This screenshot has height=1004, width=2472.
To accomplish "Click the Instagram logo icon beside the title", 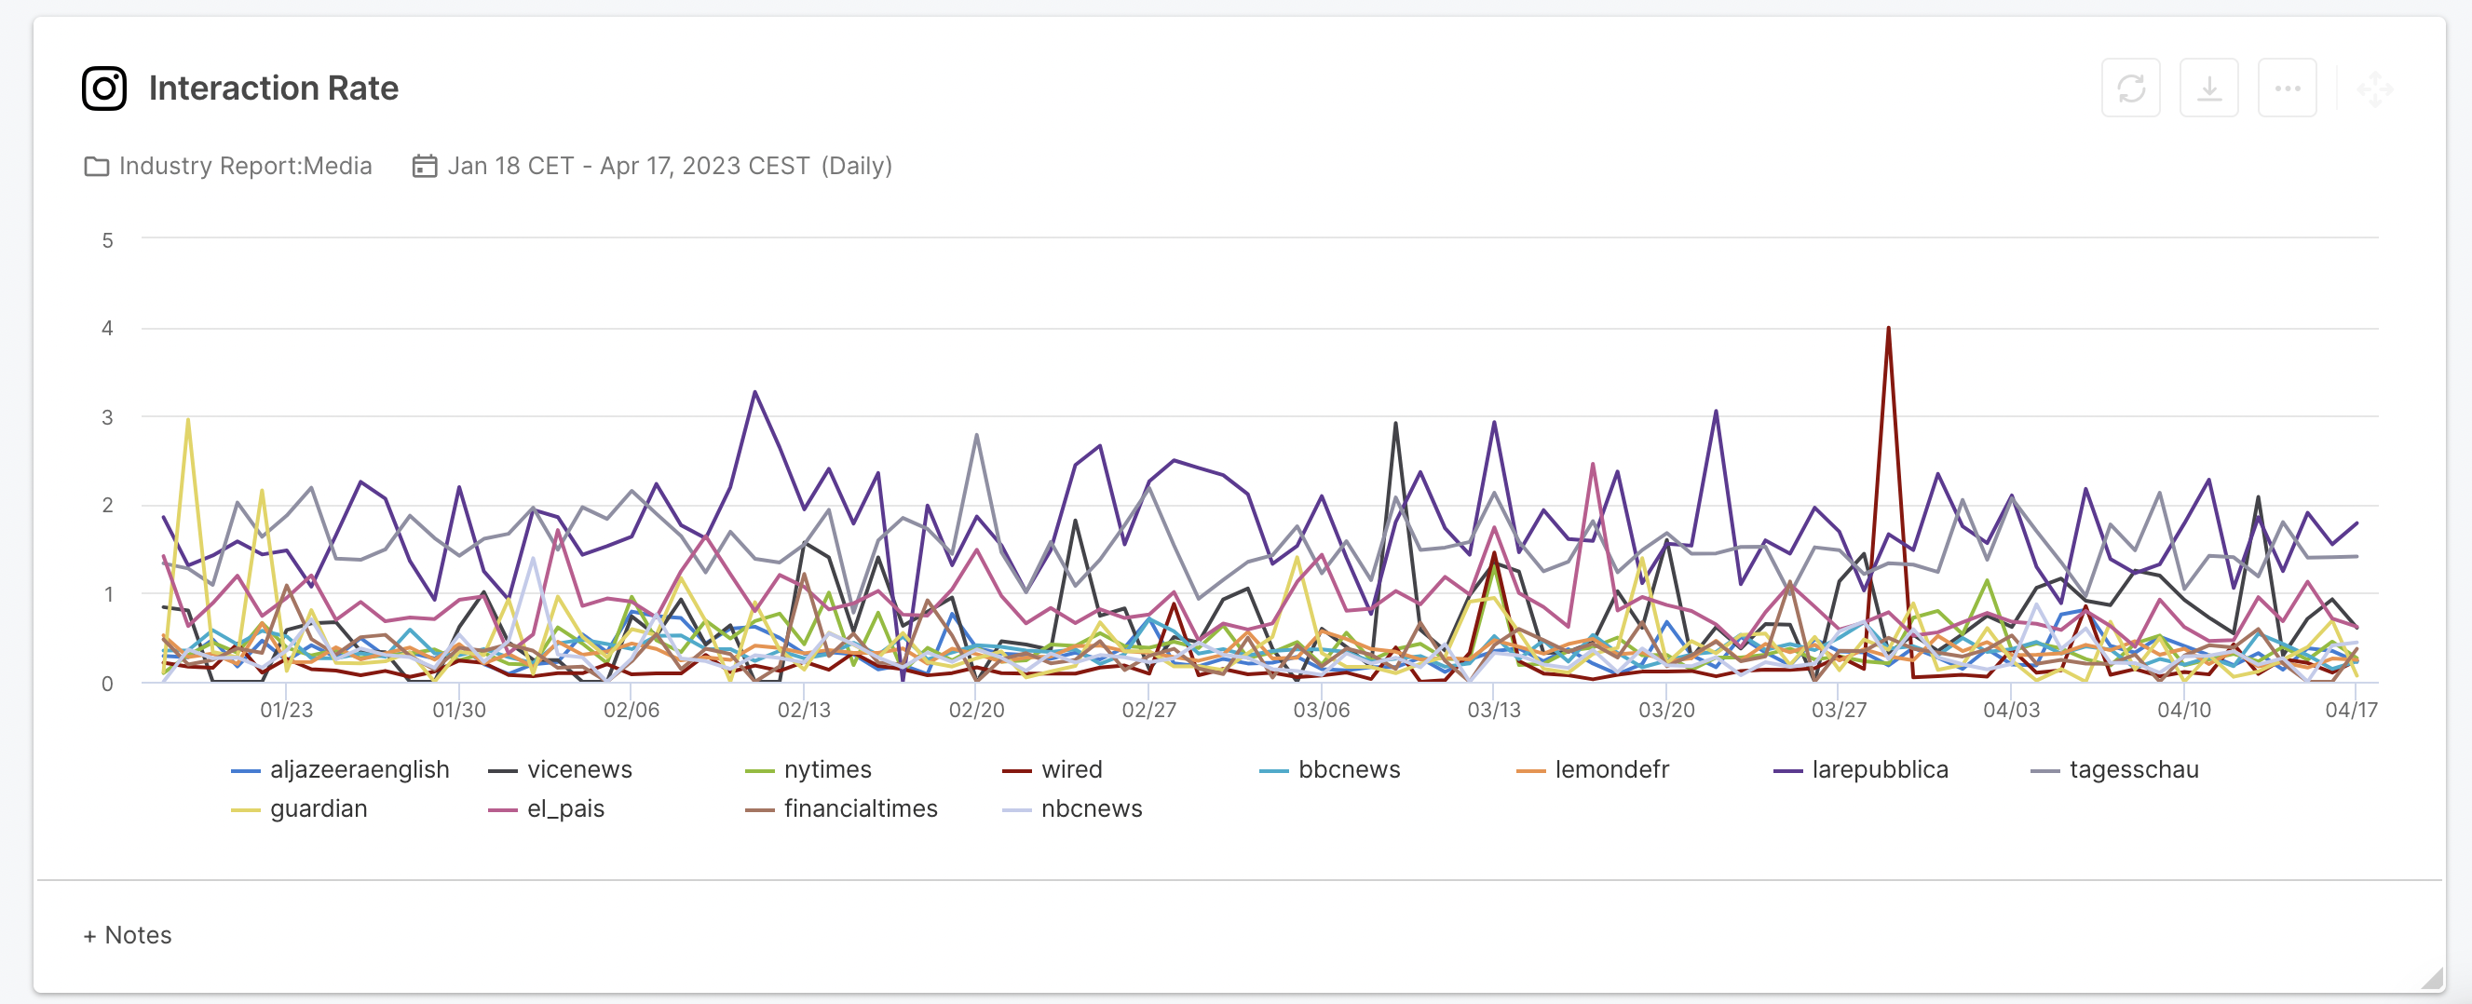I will [103, 88].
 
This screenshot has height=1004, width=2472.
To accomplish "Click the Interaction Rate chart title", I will [274, 88].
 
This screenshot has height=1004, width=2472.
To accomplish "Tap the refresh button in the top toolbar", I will [2129, 88].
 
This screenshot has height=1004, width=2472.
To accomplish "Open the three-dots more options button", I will [2286, 88].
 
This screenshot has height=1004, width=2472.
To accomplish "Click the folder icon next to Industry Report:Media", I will [96, 166].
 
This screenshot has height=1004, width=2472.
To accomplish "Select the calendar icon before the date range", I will [424, 166].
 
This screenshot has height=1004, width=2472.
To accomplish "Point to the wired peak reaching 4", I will [1888, 329].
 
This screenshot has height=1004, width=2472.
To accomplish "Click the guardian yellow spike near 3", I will [188, 420].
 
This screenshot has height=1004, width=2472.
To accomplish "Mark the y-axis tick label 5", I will [107, 240].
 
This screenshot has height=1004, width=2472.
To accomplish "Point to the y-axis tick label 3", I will [107, 416].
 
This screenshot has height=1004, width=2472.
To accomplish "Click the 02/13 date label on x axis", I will [803, 710].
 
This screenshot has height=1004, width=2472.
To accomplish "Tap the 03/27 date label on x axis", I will [1838, 710].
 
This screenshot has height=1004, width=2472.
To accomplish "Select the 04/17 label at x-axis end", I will [2350, 710].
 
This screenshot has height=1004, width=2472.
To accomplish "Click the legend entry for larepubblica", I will [1878, 769].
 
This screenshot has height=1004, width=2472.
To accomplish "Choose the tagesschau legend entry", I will [2132, 769].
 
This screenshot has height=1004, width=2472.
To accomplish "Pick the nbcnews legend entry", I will [1090, 808].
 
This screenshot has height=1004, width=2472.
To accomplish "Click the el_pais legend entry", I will [564, 808].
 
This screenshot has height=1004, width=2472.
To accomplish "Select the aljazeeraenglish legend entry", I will [358, 769].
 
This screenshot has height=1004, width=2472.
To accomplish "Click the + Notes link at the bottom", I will [128, 934].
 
